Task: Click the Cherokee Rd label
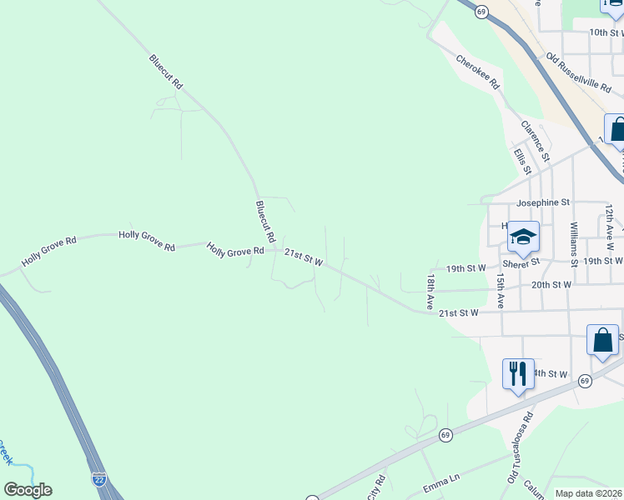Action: coord(478,72)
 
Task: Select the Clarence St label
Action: coord(536,141)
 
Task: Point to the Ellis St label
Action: coord(523,162)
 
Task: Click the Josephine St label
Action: coord(542,202)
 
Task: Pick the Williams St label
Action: coord(574,244)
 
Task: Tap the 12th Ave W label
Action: coord(609,223)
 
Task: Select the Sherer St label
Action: coord(521,261)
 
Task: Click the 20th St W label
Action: coord(551,284)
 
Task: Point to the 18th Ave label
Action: coord(431,292)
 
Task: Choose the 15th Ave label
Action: coord(501,291)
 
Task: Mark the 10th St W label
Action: coord(606,32)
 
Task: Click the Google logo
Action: coord(28,490)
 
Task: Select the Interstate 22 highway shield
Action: coord(98,477)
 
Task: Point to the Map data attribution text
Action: coord(589,493)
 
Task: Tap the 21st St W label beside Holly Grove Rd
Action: coord(304,257)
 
